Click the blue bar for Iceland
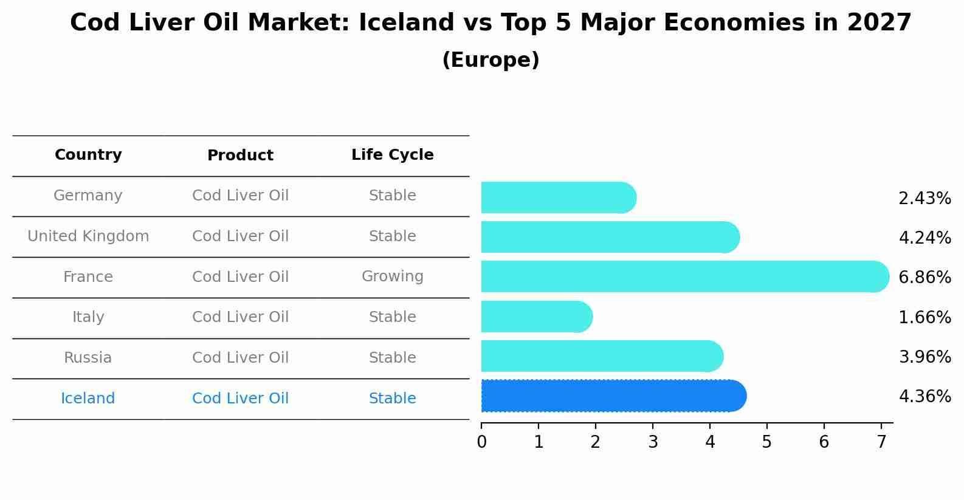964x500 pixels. pyautogui.click(x=613, y=396)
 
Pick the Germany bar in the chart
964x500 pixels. pyautogui.click(x=558, y=198)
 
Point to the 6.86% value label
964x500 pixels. pyautogui.click(x=924, y=278)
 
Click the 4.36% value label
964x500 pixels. pyautogui.click(x=924, y=397)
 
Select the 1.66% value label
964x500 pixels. pyautogui.click(x=924, y=317)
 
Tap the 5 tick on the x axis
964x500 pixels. pyautogui.click(x=766, y=442)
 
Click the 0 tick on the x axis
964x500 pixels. pyautogui.click(x=481, y=442)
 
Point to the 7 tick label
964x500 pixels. pyautogui.click(x=881, y=442)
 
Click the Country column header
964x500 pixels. pyautogui.click(x=88, y=155)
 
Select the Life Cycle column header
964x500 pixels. pyautogui.click(x=392, y=155)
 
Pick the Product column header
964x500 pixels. pyautogui.click(x=240, y=156)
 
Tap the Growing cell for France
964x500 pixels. pyautogui.click(x=392, y=276)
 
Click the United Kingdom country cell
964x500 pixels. pyautogui.click(x=88, y=236)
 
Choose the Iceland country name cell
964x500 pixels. pyautogui.click(x=88, y=399)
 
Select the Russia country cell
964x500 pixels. pyautogui.click(x=88, y=358)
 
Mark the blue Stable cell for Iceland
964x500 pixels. pyautogui.click(x=392, y=399)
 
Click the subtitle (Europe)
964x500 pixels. pyautogui.click(x=491, y=60)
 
